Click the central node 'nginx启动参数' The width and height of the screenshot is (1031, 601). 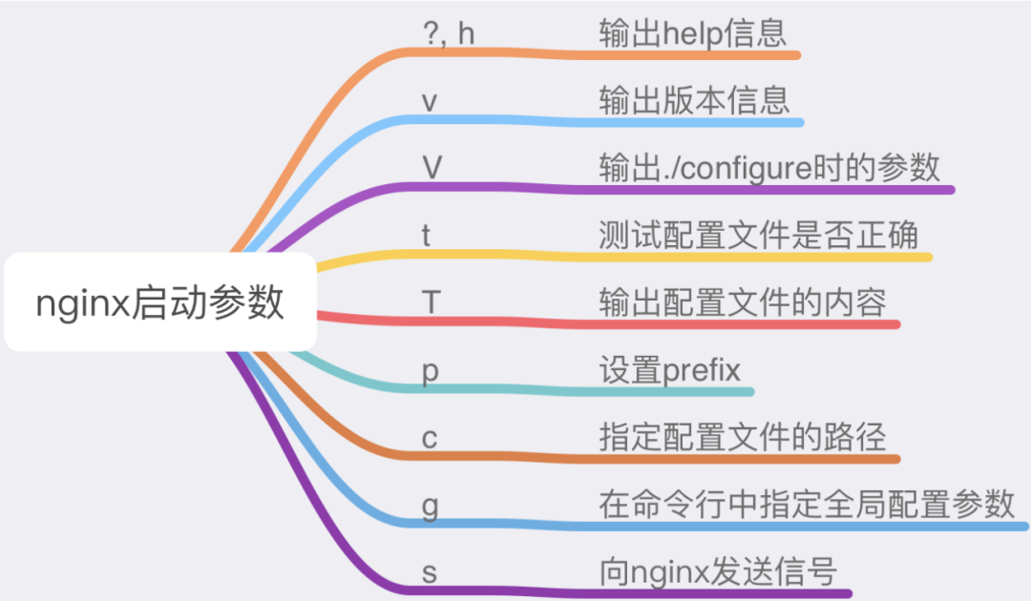tap(160, 302)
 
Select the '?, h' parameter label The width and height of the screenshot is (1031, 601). tap(449, 33)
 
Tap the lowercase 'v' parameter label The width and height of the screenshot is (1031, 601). tap(430, 101)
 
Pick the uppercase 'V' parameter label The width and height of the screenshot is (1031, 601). tap(431, 168)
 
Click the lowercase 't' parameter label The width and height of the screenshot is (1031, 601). tap(427, 236)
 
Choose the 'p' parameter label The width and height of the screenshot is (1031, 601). tap(430, 372)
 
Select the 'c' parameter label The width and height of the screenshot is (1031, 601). tap(430, 439)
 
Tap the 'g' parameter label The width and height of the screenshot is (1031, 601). tap(430, 506)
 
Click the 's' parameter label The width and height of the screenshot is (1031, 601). tap(430, 573)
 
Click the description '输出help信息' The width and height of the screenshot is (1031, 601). tap(693, 33)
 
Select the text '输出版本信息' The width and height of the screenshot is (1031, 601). tap(694, 100)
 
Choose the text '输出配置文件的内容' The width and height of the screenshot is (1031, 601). tap(742, 303)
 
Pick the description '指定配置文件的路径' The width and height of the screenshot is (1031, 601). tap(742, 438)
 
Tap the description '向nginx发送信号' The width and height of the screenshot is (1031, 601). tap(717, 572)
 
